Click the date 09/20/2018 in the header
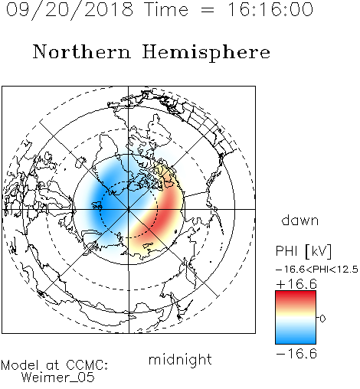coord(70,10)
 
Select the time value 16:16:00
coord(270,9)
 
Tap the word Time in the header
coord(166,9)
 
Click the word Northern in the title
coord(82,52)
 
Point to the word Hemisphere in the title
coord(206,53)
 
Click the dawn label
coord(300,220)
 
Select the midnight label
coord(180,359)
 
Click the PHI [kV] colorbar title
coord(304,251)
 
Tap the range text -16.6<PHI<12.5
coord(317,270)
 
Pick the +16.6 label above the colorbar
coord(296,284)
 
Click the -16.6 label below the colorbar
coord(296,354)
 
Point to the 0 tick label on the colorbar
coord(322,319)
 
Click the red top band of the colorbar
coord(296,297)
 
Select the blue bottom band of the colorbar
coord(296,338)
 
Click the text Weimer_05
coord(58,377)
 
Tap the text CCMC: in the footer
coord(87,365)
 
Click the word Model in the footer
coord(20,365)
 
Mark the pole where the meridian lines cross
coord(129,209)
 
